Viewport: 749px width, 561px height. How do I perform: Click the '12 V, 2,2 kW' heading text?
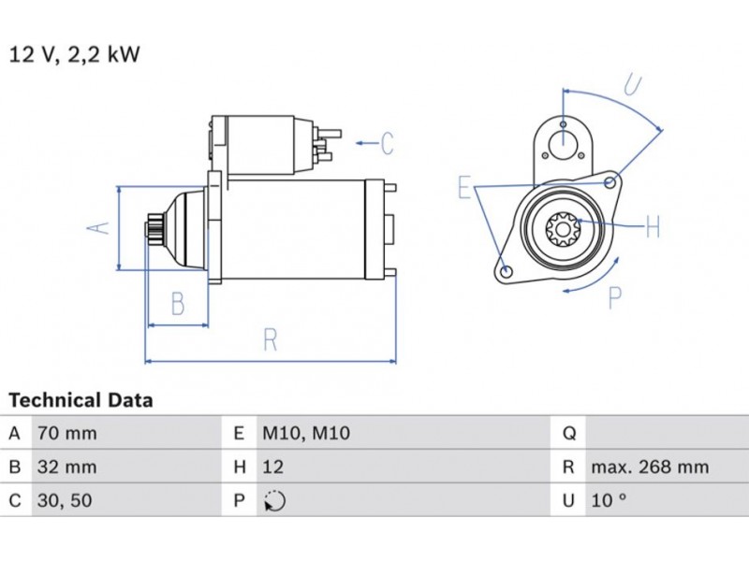(74, 54)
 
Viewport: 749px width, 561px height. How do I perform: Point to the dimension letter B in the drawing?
(177, 304)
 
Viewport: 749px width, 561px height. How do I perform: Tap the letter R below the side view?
(270, 340)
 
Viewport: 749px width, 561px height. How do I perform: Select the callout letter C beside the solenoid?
(388, 143)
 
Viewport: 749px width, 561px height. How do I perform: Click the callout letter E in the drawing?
(463, 188)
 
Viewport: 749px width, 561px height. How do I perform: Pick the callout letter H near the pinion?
(653, 226)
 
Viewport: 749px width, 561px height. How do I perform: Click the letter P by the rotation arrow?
(615, 297)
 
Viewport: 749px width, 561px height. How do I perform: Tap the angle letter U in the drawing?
(634, 86)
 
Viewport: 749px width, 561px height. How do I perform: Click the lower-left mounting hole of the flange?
(507, 272)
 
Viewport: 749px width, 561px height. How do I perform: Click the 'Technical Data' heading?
(81, 400)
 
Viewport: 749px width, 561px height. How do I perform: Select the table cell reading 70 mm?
(66, 433)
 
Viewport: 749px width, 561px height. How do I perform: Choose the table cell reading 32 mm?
(66, 467)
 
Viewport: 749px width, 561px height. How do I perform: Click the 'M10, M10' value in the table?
(306, 433)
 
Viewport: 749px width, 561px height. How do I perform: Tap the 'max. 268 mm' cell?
(649, 467)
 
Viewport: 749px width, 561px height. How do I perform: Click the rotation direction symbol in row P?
(274, 500)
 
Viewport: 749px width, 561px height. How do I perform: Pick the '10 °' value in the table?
(608, 500)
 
